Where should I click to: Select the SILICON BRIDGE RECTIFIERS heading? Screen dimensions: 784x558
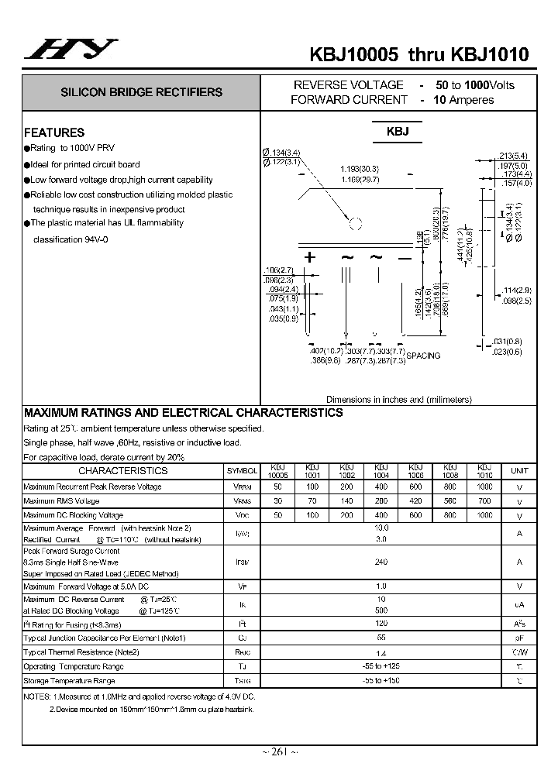(142, 92)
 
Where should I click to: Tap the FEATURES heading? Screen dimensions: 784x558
(54, 132)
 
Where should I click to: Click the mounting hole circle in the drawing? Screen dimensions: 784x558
(356, 225)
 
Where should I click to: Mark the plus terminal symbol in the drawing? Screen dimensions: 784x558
(310, 257)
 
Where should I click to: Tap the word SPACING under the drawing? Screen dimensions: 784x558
(423, 356)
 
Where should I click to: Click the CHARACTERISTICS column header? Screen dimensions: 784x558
(122, 470)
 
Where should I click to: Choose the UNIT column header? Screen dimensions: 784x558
(519, 470)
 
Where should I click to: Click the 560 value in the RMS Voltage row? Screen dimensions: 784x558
(450, 501)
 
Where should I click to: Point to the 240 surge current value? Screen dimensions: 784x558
(381, 562)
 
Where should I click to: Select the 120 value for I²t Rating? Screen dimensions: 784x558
(381, 623)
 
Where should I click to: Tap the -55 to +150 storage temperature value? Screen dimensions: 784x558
(381, 680)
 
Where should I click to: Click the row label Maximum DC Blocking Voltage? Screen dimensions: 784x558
(73, 515)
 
